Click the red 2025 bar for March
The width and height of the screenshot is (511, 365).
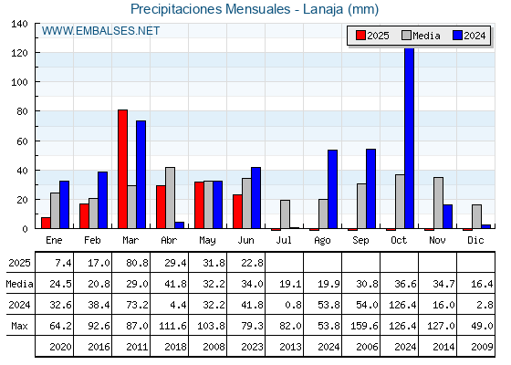pos(122,169)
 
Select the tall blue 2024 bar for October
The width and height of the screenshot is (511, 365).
pos(410,138)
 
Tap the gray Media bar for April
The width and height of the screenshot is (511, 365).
pos(170,198)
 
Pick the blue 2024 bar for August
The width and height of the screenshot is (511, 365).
pos(332,189)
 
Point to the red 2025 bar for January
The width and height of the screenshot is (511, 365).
pos(46,223)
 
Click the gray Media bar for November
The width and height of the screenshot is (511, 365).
pos(438,203)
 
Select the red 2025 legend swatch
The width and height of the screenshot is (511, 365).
pos(360,36)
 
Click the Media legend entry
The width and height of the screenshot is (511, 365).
pos(422,36)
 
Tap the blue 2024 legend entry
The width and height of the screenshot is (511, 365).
pos(470,36)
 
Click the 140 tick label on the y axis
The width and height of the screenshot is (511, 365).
pos(19,24)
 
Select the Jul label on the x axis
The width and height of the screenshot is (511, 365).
pos(284,240)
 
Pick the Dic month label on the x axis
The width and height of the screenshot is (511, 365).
pos(475,240)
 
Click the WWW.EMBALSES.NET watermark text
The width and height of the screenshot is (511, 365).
pos(100,31)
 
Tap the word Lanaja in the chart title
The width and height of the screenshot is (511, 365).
pos(323,9)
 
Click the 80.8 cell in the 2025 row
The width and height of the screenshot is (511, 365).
pos(137,263)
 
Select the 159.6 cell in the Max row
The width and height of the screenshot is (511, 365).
pos(364,326)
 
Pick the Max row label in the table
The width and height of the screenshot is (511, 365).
pos(19,326)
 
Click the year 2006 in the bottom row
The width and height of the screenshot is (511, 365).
pos(367,347)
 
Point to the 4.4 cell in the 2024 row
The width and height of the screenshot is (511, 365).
pos(175,305)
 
